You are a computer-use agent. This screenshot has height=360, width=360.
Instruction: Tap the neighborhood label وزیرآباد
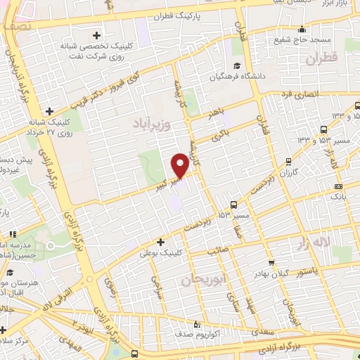151,124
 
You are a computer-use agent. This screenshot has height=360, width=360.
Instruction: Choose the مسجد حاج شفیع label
301,39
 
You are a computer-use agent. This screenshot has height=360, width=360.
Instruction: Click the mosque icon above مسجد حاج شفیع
302,30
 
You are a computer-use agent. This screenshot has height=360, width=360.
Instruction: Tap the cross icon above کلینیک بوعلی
161,241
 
